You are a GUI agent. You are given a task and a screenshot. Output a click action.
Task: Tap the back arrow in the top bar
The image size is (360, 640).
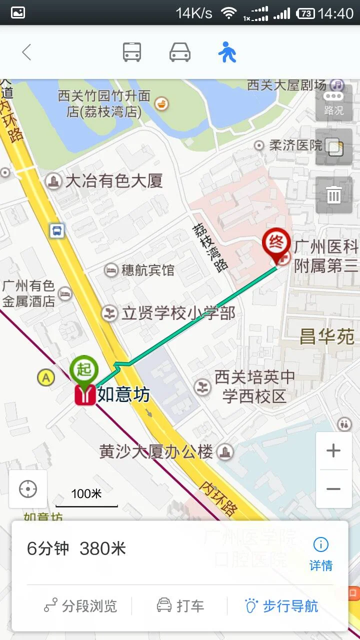26,52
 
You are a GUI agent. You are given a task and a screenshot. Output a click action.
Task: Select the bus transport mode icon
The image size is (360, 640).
132,52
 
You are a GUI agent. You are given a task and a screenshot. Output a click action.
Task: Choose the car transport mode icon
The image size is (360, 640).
180,52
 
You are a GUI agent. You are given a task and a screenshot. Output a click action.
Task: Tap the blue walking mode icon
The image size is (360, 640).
227,52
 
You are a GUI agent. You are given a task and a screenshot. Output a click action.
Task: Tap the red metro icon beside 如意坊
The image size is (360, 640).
85,395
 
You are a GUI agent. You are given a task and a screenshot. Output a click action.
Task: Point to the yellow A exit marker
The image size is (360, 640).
46,377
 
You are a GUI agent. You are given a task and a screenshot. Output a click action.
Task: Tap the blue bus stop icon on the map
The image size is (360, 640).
57,230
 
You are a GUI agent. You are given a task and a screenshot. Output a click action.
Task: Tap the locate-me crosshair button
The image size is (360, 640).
28,489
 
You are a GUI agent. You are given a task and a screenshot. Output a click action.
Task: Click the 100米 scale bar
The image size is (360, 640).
86,497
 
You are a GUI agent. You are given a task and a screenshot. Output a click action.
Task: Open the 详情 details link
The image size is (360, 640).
321,553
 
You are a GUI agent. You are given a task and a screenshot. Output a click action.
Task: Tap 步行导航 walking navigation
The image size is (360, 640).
281,606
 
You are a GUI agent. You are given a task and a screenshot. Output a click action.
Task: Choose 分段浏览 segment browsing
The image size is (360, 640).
80,606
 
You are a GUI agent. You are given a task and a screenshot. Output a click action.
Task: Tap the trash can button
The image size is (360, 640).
333,195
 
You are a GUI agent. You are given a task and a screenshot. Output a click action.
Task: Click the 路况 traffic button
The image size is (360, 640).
333,103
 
